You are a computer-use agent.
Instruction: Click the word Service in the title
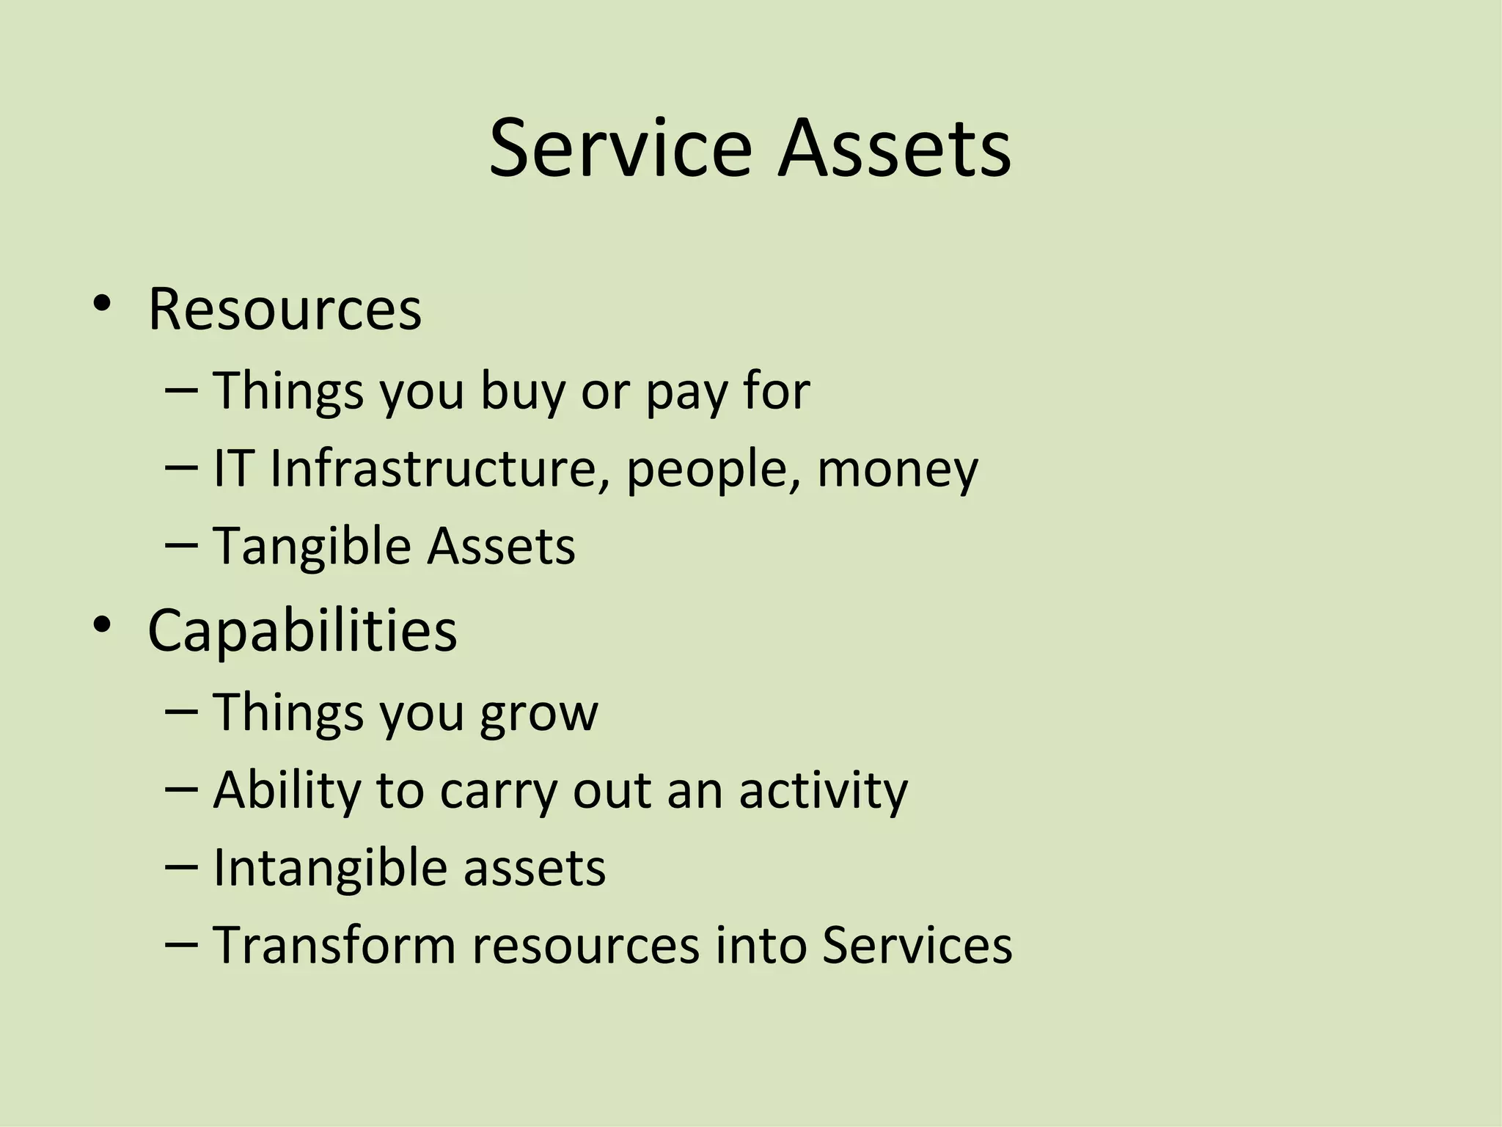(620, 149)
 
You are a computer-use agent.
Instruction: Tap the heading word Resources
(285, 309)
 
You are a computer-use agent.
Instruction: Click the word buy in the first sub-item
(522, 391)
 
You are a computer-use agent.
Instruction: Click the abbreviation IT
(233, 468)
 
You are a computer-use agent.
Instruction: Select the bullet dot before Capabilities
(102, 626)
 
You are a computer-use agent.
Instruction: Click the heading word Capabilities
(302, 631)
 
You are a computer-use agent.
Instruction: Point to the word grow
(538, 714)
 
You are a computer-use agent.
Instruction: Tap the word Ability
(286, 791)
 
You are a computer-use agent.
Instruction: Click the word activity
(823, 791)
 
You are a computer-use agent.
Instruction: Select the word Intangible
(329, 868)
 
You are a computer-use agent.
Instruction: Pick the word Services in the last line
(917, 945)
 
